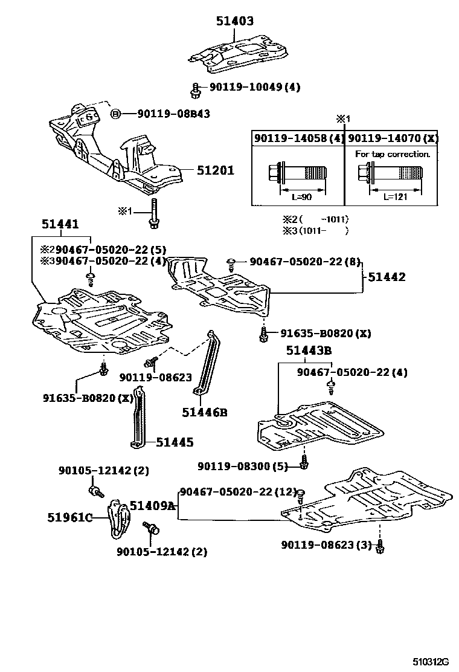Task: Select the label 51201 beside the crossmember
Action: coord(216,170)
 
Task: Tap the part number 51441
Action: coord(60,225)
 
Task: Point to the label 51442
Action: coord(387,277)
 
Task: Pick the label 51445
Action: coord(175,443)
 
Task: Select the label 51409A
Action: coord(152,506)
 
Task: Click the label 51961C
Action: coord(69,517)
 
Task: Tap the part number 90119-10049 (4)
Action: coord(254,87)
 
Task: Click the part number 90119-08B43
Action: coord(173,114)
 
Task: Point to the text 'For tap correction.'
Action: coord(393,154)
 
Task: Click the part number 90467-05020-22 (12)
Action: coord(237,493)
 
